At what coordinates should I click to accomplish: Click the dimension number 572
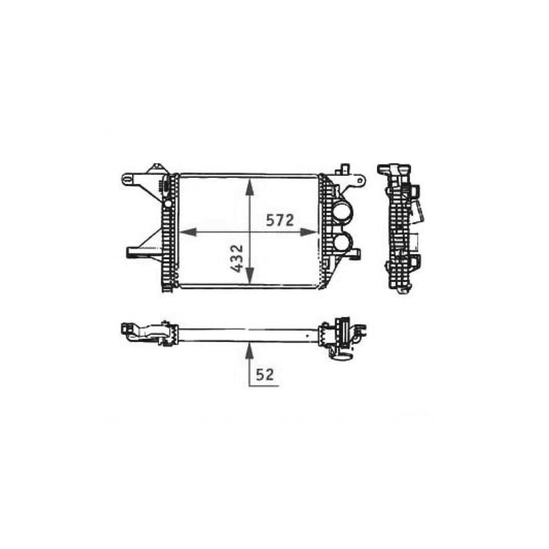coord(281,220)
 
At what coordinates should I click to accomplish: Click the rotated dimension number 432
coord(237,260)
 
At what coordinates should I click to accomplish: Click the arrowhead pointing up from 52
coord(250,349)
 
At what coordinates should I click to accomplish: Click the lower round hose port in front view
coord(343,242)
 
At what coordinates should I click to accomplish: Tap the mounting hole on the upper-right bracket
coord(359,180)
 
